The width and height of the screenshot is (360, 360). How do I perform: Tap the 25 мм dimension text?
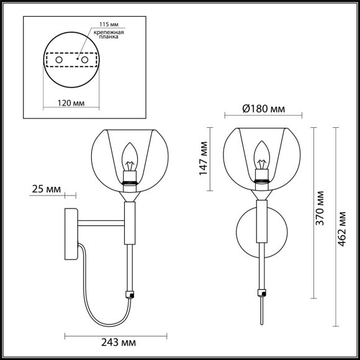[45, 189]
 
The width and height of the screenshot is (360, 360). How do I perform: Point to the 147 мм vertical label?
[202, 158]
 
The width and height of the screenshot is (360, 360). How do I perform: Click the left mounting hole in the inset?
[60, 60]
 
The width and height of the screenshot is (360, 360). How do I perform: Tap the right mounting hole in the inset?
[85, 60]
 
